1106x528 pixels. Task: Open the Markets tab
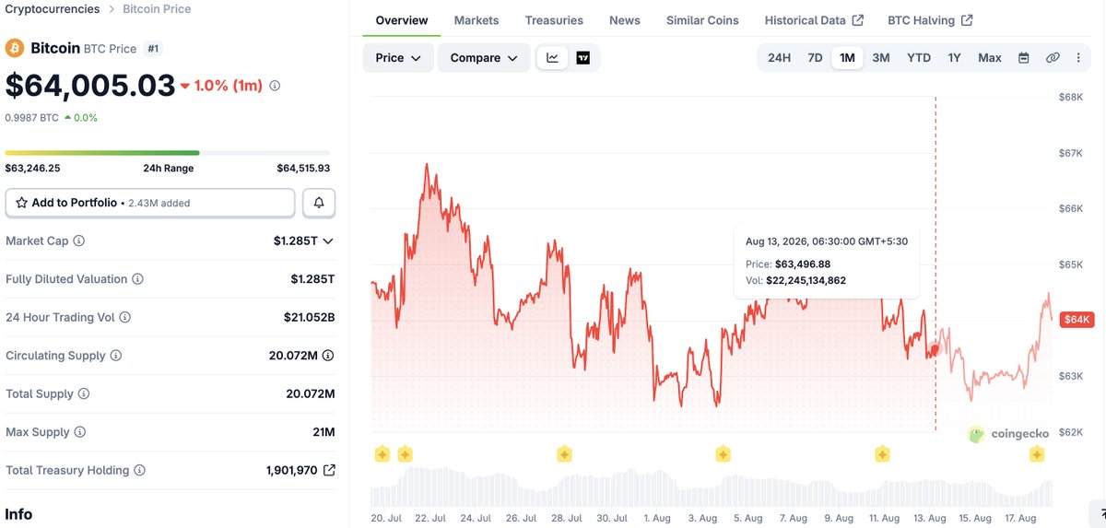[476, 20]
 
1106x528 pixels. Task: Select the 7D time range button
[815, 58]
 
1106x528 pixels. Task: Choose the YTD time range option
[918, 58]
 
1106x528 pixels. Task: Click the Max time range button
[990, 58]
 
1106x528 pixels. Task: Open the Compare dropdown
[483, 58]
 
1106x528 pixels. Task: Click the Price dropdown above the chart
[397, 58]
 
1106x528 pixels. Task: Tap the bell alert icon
[319, 203]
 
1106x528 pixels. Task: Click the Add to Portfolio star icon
[21, 203]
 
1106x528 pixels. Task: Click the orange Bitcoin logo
[15, 48]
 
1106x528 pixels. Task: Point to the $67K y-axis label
[1070, 153]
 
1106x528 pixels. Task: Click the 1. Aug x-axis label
[656, 518]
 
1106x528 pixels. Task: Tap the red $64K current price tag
[1077, 319]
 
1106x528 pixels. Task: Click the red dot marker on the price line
[935, 349]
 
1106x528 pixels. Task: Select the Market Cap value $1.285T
[295, 241]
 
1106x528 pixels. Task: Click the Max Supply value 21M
[324, 432]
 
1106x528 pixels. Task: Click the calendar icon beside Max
[1024, 58]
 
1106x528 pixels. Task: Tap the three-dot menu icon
[1078, 58]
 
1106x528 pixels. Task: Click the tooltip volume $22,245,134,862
[806, 280]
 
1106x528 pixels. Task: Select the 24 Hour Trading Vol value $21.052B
[309, 317]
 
